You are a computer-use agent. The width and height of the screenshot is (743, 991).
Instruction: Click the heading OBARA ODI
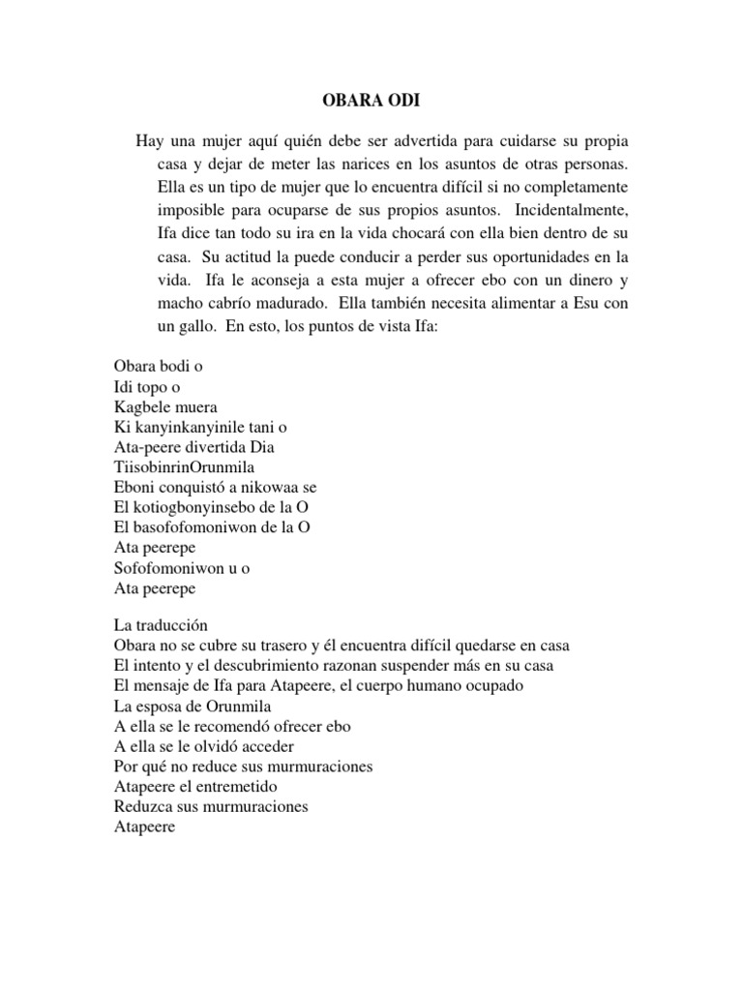(371, 100)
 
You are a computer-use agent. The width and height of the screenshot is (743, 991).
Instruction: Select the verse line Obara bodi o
(157, 367)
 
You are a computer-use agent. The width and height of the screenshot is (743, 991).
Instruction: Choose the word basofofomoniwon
(204, 526)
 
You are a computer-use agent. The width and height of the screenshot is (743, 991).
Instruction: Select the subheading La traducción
(166, 625)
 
